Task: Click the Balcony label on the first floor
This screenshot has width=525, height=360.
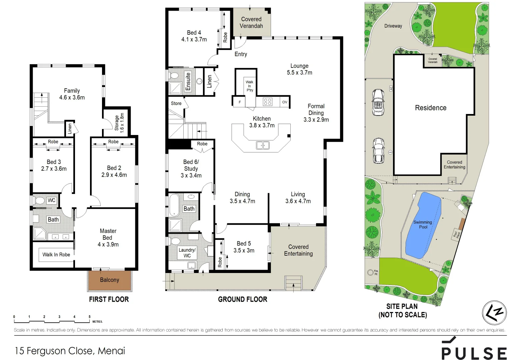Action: click(x=109, y=280)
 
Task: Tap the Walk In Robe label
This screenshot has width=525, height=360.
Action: click(x=56, y=255)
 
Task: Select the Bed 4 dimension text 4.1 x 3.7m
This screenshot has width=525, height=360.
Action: click(x=194, y=39)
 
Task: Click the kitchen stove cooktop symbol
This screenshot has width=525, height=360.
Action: click(x=267, y=102)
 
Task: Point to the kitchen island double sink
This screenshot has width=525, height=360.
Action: click(x=263, y=145)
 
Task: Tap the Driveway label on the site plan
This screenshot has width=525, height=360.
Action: click(x=393, y=26)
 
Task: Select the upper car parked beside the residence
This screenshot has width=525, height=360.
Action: click(x=378, y=102)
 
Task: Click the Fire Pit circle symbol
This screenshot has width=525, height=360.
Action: click(x=370, y=272)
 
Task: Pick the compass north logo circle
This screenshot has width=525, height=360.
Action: click(x=494, y=313)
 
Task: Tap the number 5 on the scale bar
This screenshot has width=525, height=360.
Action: click(x=89, y=317)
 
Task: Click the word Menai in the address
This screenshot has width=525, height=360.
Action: click(x=111, y=351)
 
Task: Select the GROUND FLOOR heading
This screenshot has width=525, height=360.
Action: click(x=242, y=299)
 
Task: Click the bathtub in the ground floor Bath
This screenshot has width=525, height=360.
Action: click(x=174, y=205)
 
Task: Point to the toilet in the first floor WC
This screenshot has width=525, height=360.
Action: click(x=39, y=201)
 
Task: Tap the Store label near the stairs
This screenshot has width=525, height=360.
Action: click(x=176, y=103)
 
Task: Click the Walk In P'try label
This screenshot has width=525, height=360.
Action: click(x=249, y=86)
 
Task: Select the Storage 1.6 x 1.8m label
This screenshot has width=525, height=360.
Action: click(x=119, y=122)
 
